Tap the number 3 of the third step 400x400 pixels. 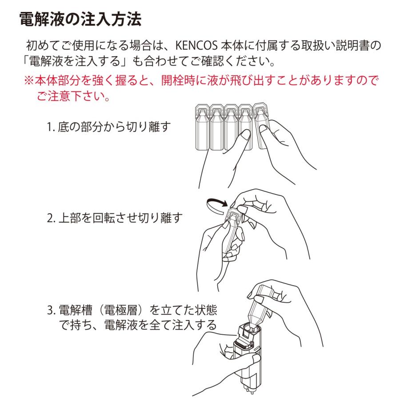[x=50, y=308]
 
